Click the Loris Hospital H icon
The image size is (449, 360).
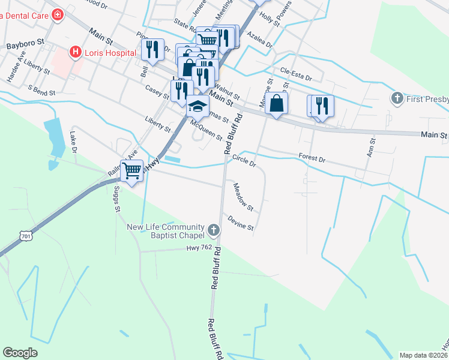(76, 52)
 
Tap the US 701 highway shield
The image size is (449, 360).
(26, 236)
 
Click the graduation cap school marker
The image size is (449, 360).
(197, 106)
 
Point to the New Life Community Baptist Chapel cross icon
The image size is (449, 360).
(213, 230)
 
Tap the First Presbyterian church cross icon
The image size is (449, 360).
(396, 98)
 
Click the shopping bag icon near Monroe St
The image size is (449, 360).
(276, 104)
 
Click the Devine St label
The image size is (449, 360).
(241, 223)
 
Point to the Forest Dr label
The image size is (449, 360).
(312, 159)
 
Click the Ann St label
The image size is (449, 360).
(372, 148)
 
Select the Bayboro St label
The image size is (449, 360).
(26, 44)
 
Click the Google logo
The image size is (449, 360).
(20, 353)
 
